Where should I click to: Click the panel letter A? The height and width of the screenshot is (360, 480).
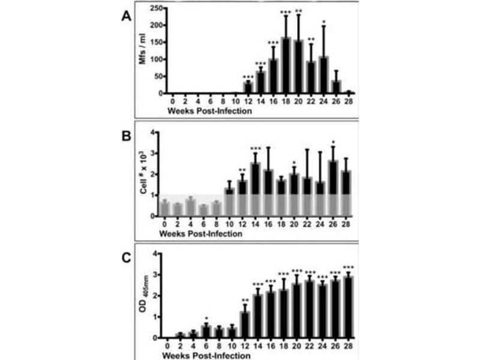126,17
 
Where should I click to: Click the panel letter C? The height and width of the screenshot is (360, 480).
126,260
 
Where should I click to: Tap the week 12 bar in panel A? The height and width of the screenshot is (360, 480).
248,88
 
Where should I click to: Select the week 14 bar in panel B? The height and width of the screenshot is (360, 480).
255,189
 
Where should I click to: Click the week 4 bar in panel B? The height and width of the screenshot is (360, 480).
191,208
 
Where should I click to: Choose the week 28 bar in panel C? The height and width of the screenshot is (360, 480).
345,307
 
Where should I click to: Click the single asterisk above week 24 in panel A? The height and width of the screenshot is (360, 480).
325,23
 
